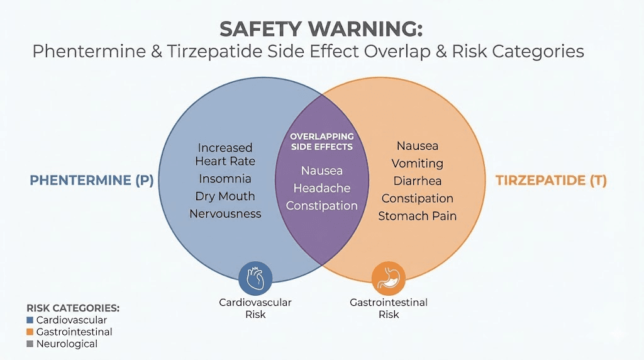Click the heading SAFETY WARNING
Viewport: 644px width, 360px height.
[x=321, y=29]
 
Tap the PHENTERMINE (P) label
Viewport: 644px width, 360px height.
[x=92, y=181]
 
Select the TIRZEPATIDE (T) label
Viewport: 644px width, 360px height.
[x=551, y=181]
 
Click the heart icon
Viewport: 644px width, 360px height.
[x=255, y=278]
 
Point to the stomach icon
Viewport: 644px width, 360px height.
[x=388, y=278]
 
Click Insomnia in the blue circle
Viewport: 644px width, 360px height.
[x=225, y=179]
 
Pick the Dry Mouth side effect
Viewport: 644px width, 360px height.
[x=225, y=196]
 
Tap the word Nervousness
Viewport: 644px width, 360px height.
[x=225, y=213]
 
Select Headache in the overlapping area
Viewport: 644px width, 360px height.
[x=321, y=188]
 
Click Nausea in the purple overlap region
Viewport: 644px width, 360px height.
[x=321, y=171]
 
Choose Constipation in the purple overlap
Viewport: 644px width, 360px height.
[x=321, y=206]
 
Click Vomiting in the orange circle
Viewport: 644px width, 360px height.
[x=417, y=164]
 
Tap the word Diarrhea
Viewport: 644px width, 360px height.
[x=417, y=181]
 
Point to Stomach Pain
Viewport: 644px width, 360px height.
[x=417, y=216]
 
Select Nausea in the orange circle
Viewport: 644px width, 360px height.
[x=417, y=146]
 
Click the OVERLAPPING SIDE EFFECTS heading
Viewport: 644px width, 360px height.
[x=321, y=142]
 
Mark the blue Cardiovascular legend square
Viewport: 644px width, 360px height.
[x=30, y=320]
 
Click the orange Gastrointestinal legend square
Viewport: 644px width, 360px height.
[x=30, y=332]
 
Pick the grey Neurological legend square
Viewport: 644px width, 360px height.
[x=30, y=344]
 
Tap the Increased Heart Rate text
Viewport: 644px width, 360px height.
[x=225, y=154]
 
